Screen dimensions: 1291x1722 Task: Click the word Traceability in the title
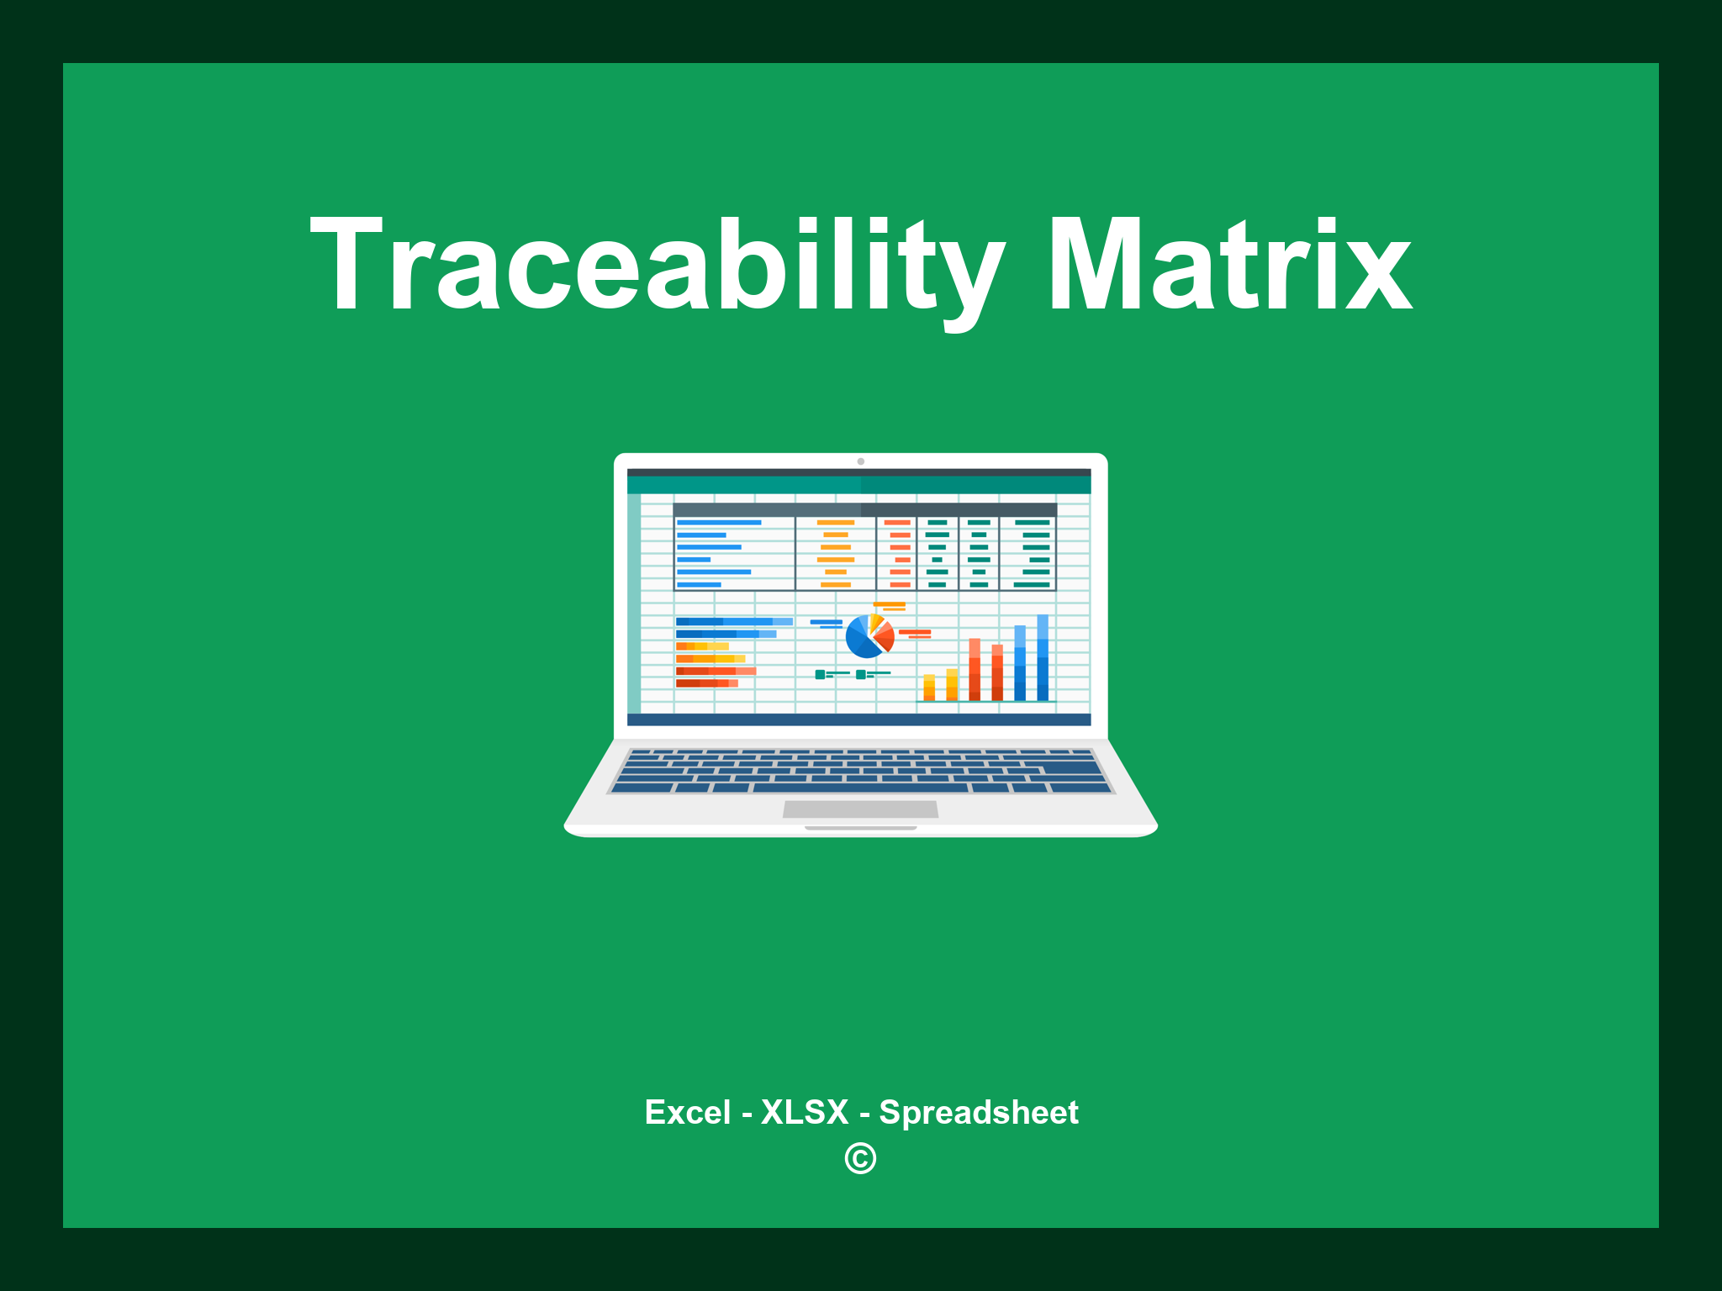coord(656,265)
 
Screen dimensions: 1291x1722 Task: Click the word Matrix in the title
coord(1229,265)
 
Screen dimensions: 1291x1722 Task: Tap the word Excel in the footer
coord(687,1112)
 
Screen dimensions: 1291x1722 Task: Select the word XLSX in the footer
coord(805,1112)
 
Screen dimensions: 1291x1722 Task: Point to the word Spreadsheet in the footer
coord(978,1112)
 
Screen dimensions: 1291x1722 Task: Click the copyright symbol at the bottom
coord(860,1158)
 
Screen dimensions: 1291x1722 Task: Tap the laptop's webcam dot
coord(860,461)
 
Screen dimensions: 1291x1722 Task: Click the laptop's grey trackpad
coord(860,809)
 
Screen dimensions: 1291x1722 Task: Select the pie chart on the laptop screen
coord(869,636)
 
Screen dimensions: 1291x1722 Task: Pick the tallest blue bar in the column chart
coord(1043,658)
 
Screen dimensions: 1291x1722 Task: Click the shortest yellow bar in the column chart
coord(929,687)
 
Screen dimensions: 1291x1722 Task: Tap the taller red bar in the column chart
coord(975,669)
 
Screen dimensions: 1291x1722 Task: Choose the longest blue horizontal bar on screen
coord(733,621)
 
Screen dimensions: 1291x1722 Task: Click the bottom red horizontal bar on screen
coord(706,683)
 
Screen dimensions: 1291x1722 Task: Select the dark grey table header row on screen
coord(864,509)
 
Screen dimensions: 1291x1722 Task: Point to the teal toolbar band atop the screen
coord(858,486)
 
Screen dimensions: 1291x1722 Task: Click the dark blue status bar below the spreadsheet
coord(858,719)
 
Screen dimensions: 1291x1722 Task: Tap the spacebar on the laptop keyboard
coord(859,788)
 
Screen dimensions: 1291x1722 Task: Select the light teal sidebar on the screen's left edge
coord(634,603)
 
